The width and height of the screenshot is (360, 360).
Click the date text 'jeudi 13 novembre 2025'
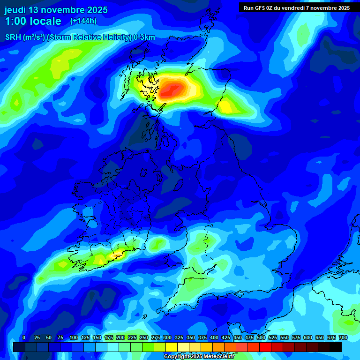(56, 10)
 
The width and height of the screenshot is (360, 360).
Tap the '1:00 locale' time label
(33, 21)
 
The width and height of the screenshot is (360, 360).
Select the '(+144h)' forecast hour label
(83, 21)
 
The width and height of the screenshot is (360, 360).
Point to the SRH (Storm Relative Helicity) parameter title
(80, 37)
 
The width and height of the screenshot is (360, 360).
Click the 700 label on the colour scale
(343, 337)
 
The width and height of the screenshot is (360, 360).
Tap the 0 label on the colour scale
(23, 337)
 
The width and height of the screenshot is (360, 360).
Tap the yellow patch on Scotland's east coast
(227, 107)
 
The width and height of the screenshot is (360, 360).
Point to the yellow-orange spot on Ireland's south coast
(115, 255)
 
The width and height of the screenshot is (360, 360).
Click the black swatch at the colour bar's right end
(336, 347)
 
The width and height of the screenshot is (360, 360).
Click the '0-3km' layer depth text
(144, 37)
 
